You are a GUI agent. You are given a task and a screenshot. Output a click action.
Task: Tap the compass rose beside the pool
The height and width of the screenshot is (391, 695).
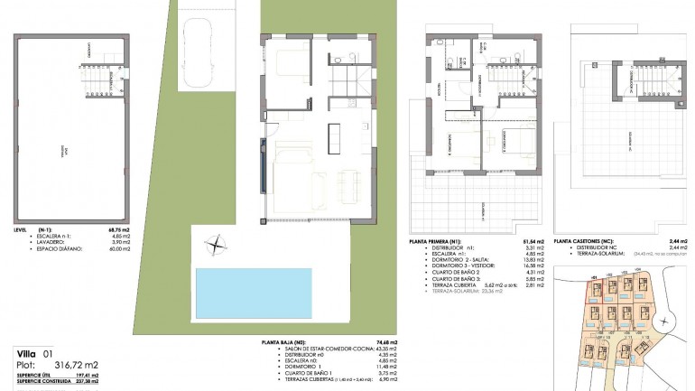coord(216,242)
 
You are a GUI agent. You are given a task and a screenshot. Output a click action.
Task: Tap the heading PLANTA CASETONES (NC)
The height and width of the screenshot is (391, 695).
coord(584,242)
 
